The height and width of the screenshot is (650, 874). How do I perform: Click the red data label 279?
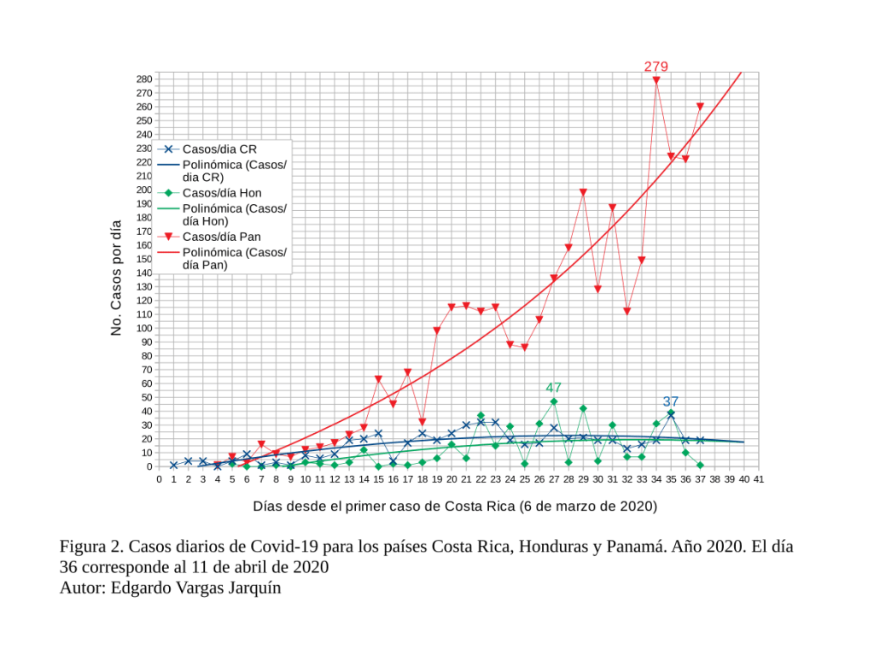click(655, 66)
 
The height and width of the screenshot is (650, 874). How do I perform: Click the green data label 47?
click(553, 388)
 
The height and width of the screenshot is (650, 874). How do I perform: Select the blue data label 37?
click(671, 401)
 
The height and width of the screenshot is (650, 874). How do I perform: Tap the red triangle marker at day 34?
click(656, 80)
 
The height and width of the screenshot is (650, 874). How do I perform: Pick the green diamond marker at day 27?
click(554, 401)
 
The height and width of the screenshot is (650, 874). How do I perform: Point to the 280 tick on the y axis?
click(144, 79)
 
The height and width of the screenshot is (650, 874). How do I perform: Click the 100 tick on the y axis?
click(144, 328)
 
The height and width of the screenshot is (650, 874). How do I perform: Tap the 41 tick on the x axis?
click(758, 480)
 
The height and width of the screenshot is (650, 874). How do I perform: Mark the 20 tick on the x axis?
click(452, 480)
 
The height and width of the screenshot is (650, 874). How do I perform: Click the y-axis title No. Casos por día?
click(117, 278)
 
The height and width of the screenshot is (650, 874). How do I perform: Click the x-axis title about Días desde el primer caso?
click(455, 506)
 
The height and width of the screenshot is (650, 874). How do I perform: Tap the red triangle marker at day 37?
click(700, 107)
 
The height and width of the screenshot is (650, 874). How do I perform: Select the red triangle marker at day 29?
click(583, 192)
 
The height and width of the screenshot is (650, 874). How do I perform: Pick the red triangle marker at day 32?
click(626, 311)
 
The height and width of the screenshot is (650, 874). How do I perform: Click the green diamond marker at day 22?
click(481, 416)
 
